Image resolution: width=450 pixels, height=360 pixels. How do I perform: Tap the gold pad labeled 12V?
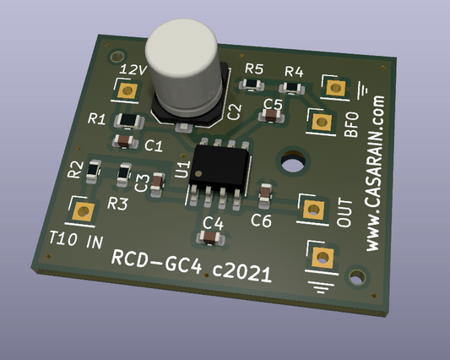pyautogui.click(x=127, y=90)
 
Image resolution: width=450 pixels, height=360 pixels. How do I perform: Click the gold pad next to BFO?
pyautogui.click(x=322, y=122)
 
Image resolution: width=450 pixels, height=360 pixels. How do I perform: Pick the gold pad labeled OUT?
pyautogui.click(x=314, y=210)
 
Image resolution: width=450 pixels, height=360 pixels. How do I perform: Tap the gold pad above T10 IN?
pyautogui.click(x=83, y=212)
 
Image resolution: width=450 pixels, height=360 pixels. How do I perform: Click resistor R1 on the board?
pyautogui.click(x=129, y=121)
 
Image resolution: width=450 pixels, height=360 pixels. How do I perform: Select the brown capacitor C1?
pyautogui.click(x=125, y=141)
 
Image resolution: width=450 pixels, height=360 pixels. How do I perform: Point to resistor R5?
pyautogui.click(x=252, y=85)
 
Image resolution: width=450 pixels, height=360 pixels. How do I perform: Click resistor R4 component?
pyautogui.click(x=292, y=88)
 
